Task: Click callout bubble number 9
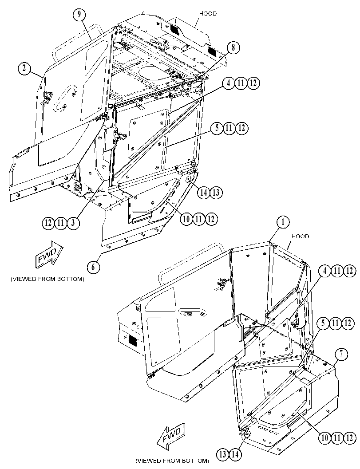point(79,15)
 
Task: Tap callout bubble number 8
point(233,48)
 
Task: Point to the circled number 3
point(73,223)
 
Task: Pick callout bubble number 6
point(93,267)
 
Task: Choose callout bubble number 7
point(341,354)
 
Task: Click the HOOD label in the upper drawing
point(208,14)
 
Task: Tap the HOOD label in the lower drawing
point(300,236)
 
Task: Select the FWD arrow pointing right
point(50,253)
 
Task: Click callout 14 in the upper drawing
point(204,193)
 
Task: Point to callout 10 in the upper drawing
point(186,219)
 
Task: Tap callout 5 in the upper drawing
point(217,128)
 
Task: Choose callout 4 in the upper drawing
point(228,83)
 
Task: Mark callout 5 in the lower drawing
point(323,323)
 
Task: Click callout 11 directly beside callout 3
point(61,223)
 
